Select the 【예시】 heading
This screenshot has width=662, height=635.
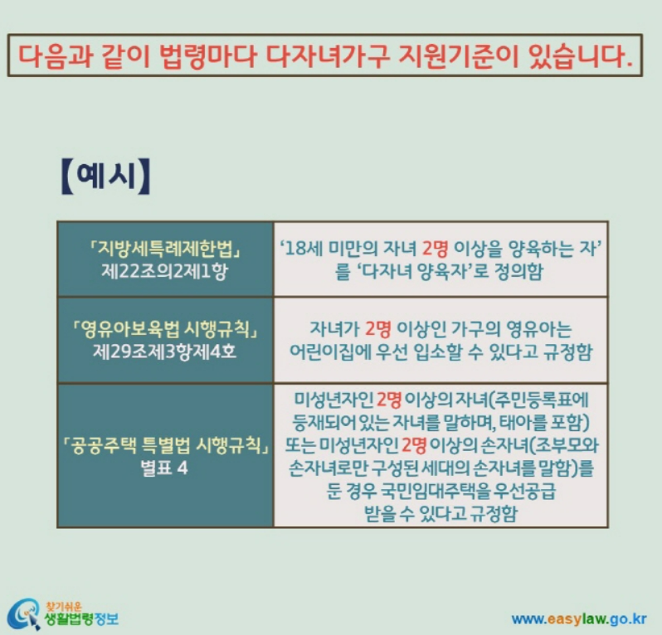(106, 177)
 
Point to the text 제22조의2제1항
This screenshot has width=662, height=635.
(165, 269)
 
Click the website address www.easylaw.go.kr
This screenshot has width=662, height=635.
(579, 618)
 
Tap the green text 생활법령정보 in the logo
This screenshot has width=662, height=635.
(81, 618)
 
